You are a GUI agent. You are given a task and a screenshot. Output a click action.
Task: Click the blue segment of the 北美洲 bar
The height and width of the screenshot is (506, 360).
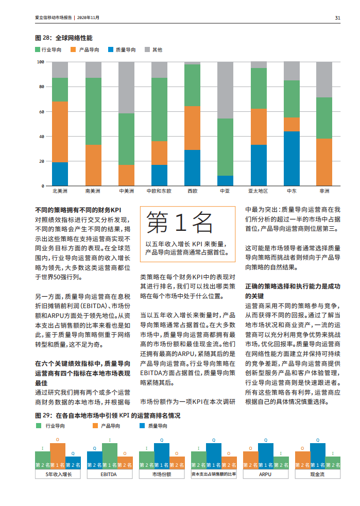coord(60,174)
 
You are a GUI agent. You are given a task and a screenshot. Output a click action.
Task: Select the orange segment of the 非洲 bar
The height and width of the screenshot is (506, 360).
coord(324,162)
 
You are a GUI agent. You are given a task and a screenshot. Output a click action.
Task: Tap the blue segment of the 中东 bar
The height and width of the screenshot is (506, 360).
coord(292,158)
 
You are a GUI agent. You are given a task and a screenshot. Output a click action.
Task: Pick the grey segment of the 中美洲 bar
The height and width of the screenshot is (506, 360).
coord(126,88)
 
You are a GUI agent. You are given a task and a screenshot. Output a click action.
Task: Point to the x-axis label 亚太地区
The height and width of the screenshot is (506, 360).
coord(258,191)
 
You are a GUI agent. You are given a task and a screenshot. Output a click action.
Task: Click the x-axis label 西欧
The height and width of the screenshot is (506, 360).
coord(192,191)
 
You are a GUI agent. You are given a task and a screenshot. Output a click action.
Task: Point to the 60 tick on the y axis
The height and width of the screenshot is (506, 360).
coord(41,112)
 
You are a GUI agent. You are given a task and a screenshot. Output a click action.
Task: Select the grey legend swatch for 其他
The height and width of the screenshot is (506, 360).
coord(147,50)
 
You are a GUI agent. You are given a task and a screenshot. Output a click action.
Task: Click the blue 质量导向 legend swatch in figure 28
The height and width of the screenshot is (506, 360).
coord(111,50)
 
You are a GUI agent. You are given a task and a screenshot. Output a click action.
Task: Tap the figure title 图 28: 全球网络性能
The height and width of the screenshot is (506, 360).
coord(63,38)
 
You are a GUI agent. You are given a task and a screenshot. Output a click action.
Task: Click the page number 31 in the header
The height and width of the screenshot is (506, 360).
coord(337,18)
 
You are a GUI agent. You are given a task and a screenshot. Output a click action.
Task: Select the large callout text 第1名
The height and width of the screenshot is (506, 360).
coord(180,223)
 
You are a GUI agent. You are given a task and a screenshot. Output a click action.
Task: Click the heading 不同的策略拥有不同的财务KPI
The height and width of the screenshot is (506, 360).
coord(78,210)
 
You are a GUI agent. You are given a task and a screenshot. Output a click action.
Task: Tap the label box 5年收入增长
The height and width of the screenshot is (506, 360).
coord(59,474)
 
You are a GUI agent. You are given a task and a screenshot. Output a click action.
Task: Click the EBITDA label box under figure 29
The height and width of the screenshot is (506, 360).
coord(109,474)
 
